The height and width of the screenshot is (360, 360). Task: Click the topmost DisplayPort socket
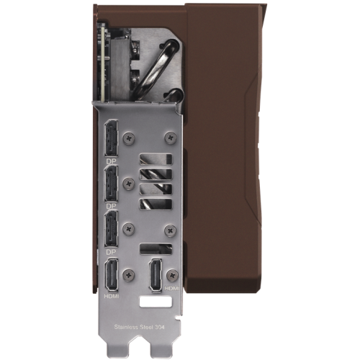(111, 138)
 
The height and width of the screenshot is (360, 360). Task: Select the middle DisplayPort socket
(111, 184)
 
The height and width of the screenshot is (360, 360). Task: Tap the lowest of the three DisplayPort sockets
(111, 228)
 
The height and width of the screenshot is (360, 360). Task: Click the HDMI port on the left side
(112, 275)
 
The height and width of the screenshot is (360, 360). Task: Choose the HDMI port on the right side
(156, 275)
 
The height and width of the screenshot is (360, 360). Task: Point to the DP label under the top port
(111, 161)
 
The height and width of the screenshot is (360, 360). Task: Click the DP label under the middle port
(111, 206)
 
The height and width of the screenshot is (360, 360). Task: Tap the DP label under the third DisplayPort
(111, 252)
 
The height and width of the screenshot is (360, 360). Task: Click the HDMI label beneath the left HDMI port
(112, 297)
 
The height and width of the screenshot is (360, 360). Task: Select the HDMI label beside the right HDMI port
(172, 288)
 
